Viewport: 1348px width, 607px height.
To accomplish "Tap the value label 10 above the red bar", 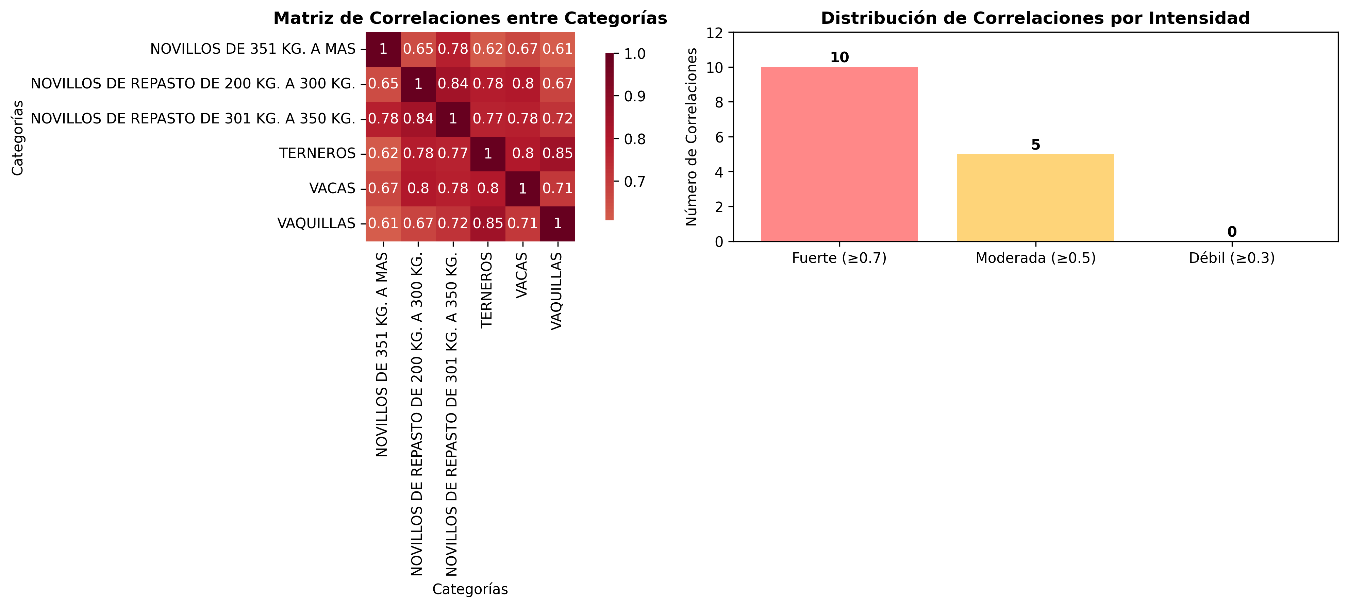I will click(x=839, y=57).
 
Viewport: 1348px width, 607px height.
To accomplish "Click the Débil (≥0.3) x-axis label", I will click(x=1231, y=258).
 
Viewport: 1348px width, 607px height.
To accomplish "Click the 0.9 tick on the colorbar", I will click(x=634, y=96).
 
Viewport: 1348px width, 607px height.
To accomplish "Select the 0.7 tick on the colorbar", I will click(x=634, y=182).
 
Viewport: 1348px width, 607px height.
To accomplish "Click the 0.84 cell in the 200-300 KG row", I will click(x=453, y=84).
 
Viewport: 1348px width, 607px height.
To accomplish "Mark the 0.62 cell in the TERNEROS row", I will click(x=383, y=153).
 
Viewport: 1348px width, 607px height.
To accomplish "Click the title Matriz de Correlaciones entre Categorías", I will click(x=470, y=18).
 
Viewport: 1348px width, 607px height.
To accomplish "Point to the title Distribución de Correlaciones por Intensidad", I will click(x=1035, y=18).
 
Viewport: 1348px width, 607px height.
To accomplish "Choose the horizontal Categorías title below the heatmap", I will click(x=470, y=589).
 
